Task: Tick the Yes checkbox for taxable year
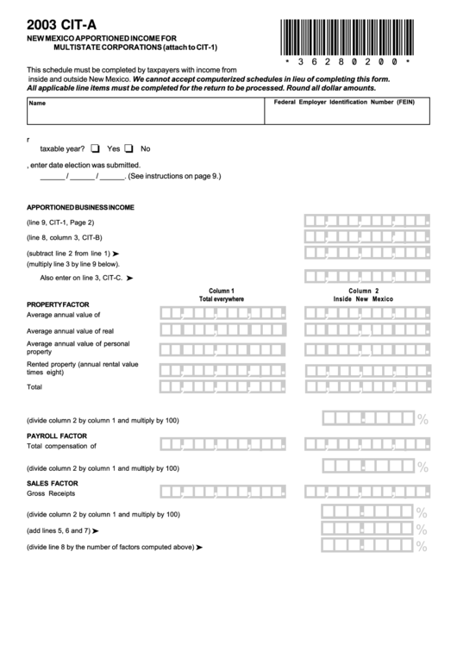95,147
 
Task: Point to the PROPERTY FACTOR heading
58,305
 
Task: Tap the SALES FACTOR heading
52,484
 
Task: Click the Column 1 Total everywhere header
222,295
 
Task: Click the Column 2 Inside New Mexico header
363,295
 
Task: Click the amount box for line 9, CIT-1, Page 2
366,222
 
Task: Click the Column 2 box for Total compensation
366,446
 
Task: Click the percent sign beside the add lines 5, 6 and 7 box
423,530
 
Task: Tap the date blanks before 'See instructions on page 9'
82,176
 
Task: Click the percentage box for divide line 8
366,547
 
